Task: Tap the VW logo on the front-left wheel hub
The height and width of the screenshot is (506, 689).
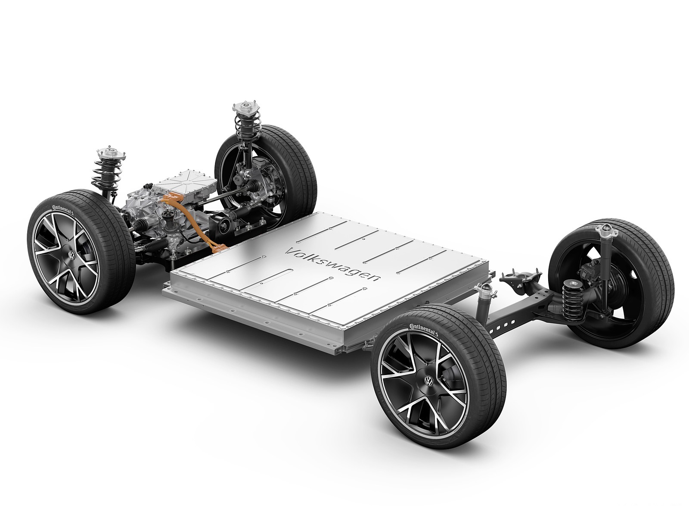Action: [x=71, y=255]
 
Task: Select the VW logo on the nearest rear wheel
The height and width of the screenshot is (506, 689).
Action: [x=428, y=381]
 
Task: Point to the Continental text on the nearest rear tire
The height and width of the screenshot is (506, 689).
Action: [x=424, y=330]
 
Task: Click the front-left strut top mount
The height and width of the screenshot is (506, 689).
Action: [x=111, y=153]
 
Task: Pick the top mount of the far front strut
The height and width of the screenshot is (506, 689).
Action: [x=246, y=108]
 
